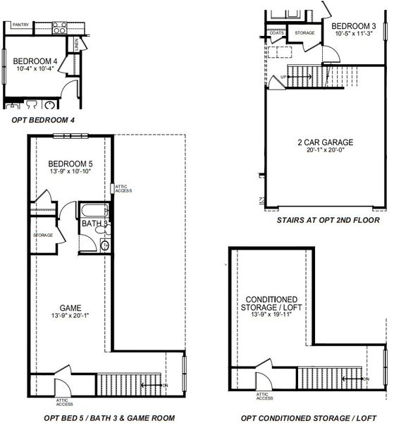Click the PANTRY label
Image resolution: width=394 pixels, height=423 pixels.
click(x=20, y=25)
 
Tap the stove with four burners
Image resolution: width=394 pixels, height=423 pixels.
click(x=59, y=28)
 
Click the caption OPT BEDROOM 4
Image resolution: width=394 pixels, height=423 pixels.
click(x=43, y=121)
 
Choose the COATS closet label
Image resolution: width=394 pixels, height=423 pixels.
click(x=277, y=32)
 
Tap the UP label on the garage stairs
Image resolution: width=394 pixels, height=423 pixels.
click(x=283, y=75)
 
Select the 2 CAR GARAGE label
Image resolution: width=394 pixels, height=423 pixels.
click(x=325, y=142)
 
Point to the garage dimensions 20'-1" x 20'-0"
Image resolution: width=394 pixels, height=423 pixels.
click(x=325, y=151)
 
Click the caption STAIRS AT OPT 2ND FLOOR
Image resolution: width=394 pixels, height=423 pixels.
click(x=319, y=220)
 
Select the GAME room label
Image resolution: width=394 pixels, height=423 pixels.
click(x=70, y=308)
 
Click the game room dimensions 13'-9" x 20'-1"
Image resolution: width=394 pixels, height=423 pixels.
click(x=70, y=317)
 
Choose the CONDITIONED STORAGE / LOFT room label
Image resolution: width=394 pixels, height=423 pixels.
click(x=271, y=303)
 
